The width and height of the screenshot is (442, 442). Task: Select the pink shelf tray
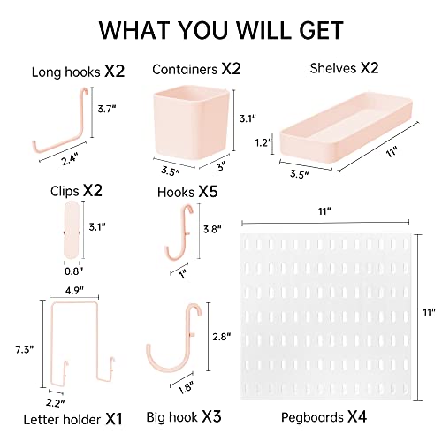point(346,127)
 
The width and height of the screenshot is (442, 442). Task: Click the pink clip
point(72,230)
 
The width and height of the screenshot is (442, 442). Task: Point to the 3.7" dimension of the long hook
point(107,109)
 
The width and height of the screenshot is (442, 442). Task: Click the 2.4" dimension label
point(70,159)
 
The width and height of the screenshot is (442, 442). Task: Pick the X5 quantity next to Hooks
point(208,192)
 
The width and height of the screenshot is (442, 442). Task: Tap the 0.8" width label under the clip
point(74,271)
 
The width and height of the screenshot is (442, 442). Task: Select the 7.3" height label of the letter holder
point(25,350)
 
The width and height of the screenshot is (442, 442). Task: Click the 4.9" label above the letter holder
point(74,291)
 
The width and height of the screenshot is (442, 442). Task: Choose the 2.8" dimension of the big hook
point(222,337)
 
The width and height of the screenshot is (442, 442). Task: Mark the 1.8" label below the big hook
point(186,387)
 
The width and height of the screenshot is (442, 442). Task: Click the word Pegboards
point(312,417)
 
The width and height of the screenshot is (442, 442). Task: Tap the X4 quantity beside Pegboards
point(357,416)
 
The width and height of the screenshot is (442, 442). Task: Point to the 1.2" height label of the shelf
point(263,143)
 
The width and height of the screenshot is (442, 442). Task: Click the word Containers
point(185,70)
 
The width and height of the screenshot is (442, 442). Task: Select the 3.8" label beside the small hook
point(212,229)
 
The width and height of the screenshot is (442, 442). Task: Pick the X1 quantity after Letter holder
point(114,419)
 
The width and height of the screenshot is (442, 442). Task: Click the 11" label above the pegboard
point(324,211)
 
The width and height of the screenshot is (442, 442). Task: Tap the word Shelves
point(333,68)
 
